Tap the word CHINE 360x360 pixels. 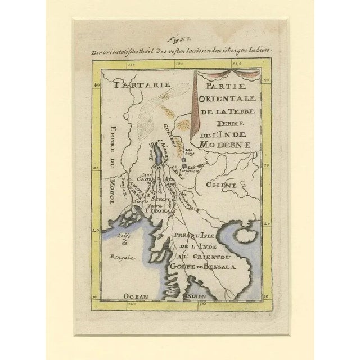point(220,184)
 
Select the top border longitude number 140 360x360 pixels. point(236,66)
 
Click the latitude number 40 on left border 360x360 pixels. point(97,85)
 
